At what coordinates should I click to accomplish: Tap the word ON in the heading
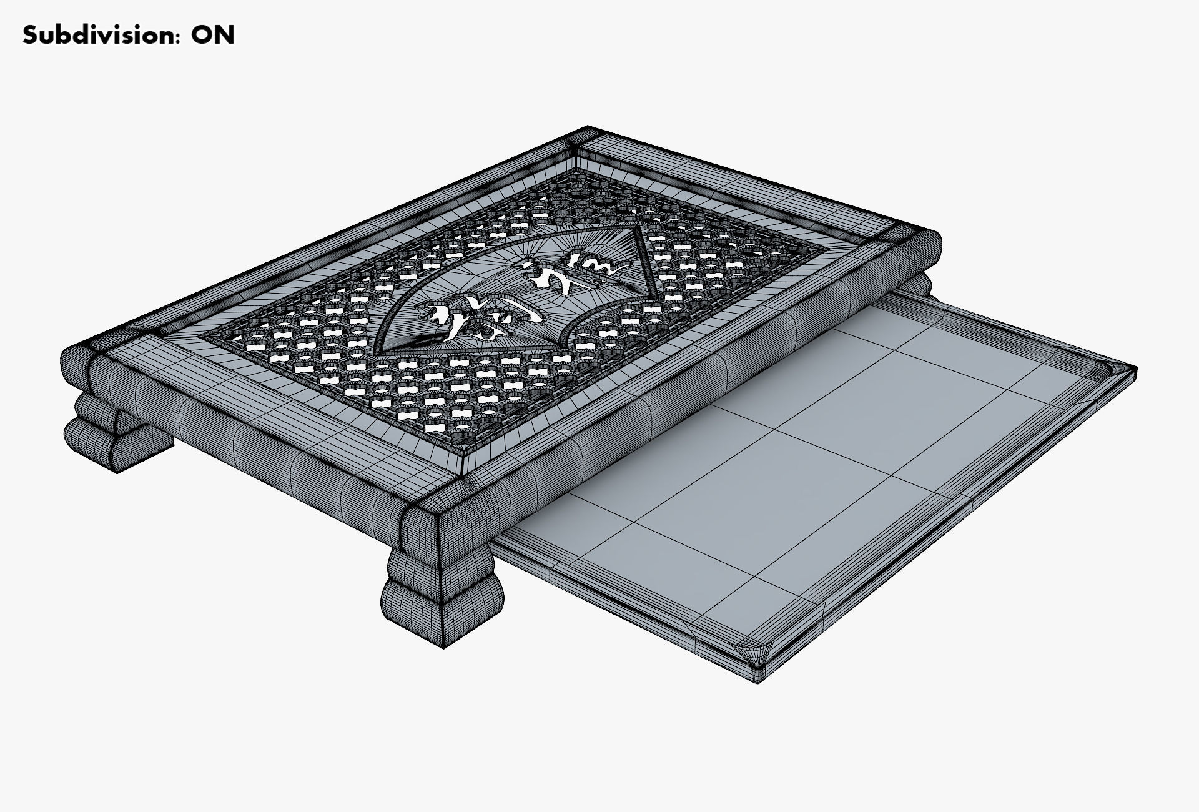(213, 36)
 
